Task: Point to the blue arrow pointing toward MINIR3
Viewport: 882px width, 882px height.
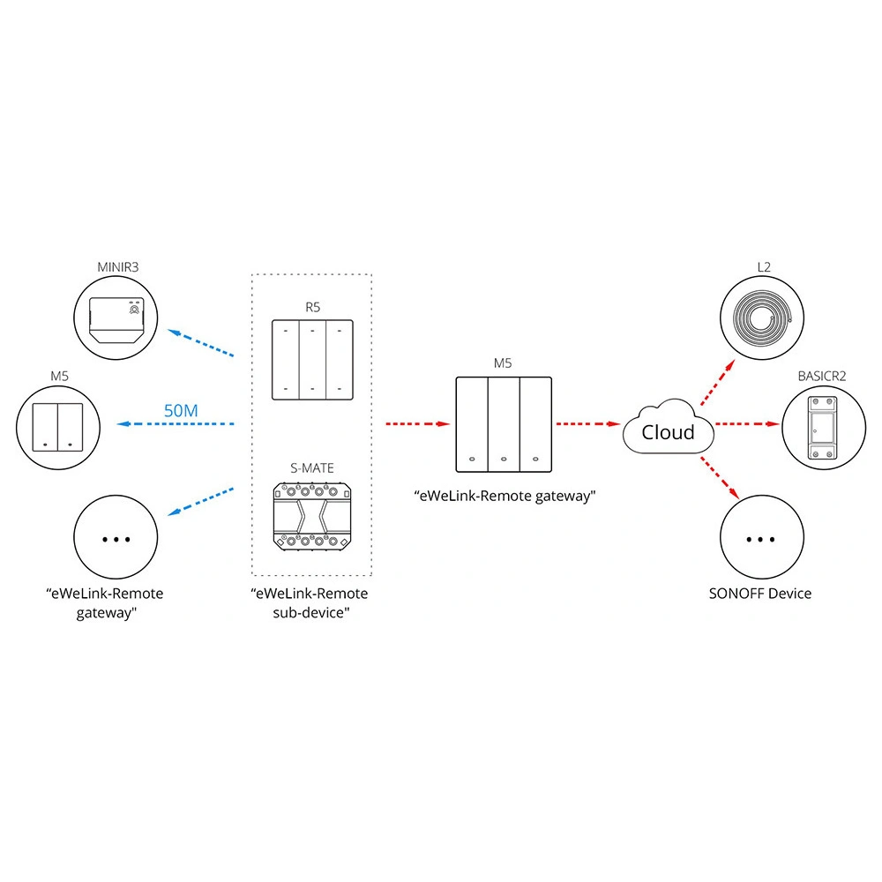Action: point(201,344)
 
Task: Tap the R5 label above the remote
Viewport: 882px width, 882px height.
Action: point(311,308)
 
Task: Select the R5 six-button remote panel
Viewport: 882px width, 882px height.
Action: point(311,361)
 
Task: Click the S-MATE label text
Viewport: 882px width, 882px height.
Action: point(312,467)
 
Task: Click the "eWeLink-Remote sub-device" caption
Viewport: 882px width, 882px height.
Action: point(310,602)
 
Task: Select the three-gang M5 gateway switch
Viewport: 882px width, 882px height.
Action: point(502,424)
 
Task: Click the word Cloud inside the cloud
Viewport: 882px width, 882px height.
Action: point(668,432)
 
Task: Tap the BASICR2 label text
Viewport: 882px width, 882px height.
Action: point(821,375)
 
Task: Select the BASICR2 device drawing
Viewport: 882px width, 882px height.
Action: point(822,427)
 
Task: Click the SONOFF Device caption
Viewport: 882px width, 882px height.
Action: point(760,594)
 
